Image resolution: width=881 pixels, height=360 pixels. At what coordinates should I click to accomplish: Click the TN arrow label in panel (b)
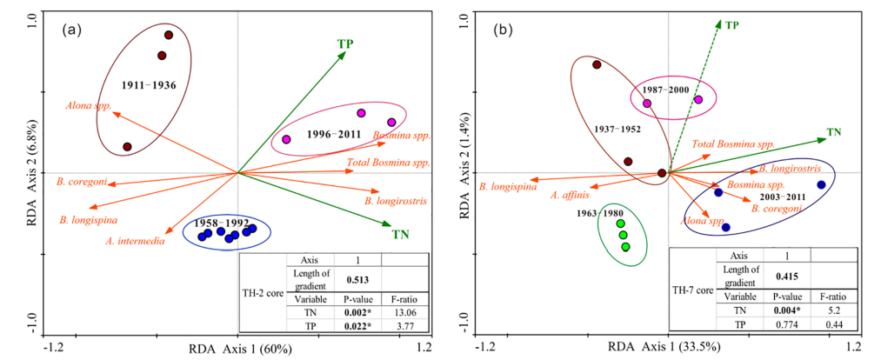[x=834, y=132]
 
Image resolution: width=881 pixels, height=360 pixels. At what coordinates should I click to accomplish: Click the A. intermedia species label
[x=135, y=241]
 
